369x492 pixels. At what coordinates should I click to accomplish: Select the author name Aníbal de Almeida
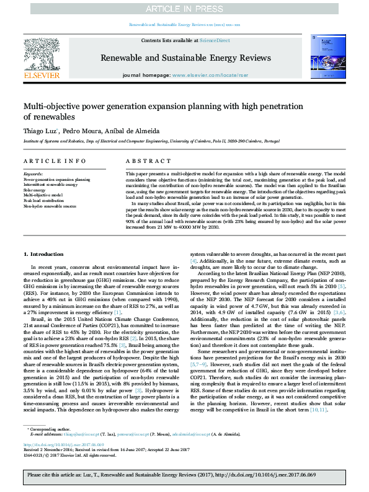point(132,132)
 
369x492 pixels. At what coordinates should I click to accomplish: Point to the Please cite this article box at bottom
point(184,477)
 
